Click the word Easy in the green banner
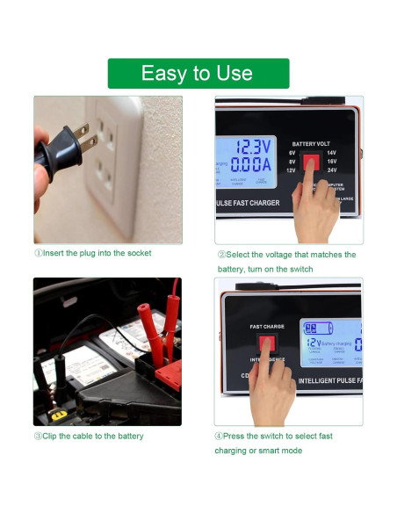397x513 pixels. pos(162,74)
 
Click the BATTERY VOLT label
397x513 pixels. pos(312,143)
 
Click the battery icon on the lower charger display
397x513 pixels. pos(313,329)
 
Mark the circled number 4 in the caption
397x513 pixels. pos(219,436)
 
